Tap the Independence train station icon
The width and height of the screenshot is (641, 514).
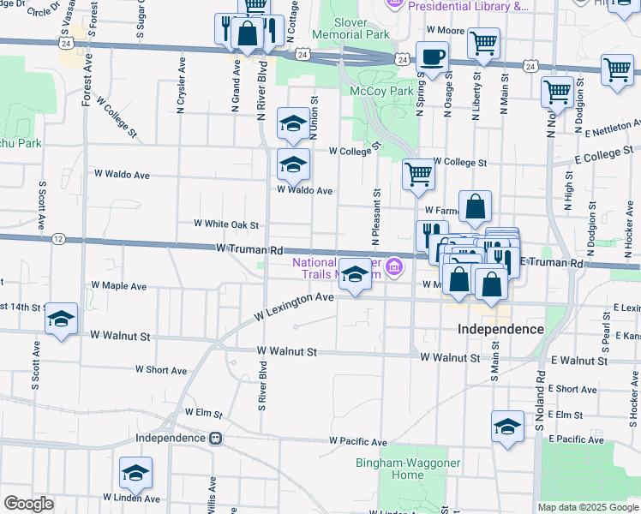217,438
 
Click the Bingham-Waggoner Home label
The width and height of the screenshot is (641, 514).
389,469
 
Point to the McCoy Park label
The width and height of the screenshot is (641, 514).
381,91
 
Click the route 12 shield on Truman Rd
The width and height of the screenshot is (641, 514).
58,238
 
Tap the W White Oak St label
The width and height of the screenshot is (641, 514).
226,224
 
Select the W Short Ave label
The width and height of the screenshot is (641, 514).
161,370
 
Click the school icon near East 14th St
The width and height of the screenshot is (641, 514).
61,320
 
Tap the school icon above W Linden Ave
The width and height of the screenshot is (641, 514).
135,473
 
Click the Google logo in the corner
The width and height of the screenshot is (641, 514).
28,503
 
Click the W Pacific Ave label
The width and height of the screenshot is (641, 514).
359,441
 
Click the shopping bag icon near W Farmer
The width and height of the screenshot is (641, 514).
475,206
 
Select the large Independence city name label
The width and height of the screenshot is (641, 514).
500,329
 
